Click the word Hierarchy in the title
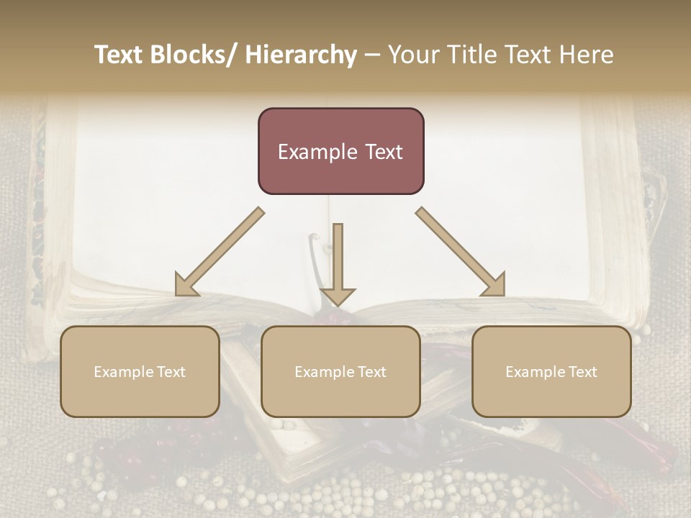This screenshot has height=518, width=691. coord(301,55)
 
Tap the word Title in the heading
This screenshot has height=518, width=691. coord(470,55)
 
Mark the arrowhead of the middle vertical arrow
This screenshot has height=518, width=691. coord(338,296)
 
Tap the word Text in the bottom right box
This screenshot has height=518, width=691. coord(582,372)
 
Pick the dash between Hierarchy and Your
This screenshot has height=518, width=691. coord(372,55)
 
